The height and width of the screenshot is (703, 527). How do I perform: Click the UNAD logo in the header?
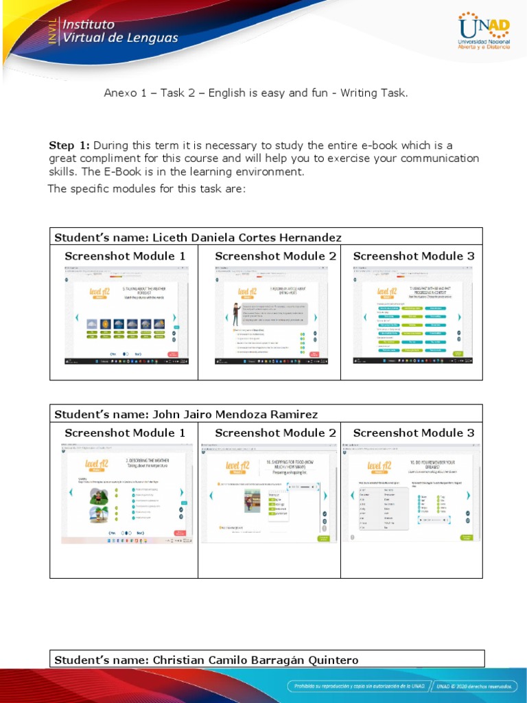click(484, 32)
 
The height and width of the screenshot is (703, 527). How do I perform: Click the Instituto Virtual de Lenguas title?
click(119, 31)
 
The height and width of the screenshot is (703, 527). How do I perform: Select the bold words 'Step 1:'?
click(69, 146)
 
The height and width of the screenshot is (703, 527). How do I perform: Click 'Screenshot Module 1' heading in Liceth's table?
click(125, 256)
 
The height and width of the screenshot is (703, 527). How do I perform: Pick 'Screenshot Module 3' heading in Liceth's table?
click(413, 256)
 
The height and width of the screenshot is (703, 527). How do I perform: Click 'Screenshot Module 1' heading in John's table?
click(125, 433)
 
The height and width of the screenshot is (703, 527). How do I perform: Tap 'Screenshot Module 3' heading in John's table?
click(413, 433)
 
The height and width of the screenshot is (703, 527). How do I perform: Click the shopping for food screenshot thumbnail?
click(268, 492)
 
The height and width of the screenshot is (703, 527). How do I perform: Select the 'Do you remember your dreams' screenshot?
click(411, 492)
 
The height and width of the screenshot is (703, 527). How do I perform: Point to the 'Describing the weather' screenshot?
click(124, 492)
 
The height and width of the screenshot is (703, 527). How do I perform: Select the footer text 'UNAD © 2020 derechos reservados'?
click(474, 686)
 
